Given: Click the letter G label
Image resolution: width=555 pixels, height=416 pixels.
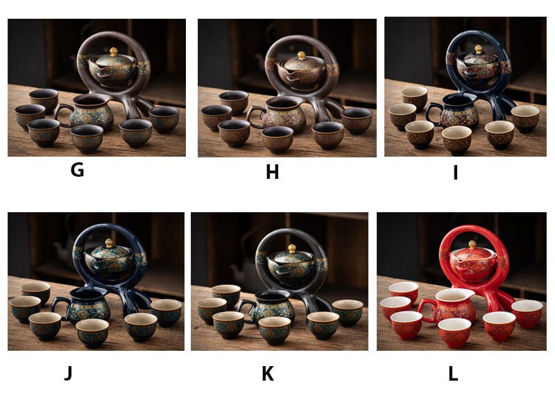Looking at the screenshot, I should [x=77, y=170].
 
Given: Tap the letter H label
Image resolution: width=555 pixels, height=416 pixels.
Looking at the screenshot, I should [x=272, y=173].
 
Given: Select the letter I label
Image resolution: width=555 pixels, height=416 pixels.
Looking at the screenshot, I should [x=455, y=173].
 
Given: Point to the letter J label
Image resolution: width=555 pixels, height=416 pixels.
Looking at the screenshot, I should [x=68, y=374].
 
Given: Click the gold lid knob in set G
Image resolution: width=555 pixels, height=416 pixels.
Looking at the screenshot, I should [x=113, y=51].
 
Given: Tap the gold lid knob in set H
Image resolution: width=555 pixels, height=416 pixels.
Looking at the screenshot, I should [x=301, y=55].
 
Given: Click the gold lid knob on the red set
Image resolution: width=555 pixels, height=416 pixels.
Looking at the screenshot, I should [x=472, y=245].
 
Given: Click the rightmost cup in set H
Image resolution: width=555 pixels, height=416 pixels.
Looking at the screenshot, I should [x=356, y=119].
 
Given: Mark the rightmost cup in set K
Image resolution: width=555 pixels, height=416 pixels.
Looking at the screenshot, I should [x=347, y=311].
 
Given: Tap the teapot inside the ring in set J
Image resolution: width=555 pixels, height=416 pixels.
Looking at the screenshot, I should [x=109, y=259].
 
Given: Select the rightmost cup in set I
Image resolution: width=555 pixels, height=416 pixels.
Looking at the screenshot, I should [x=525, y=117].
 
